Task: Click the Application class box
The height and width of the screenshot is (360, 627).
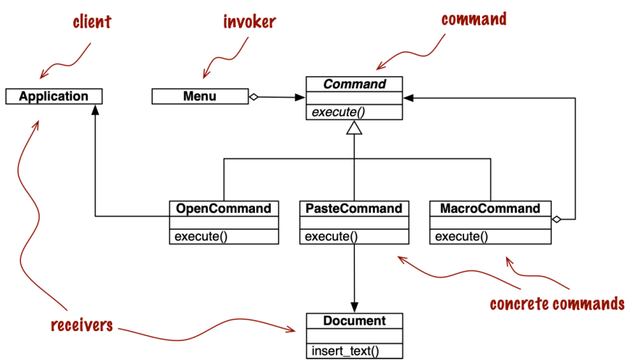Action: [x=54, y=96]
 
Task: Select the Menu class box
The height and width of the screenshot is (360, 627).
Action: [x=200, y=96]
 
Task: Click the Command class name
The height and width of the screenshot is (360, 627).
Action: [x=355, y=84]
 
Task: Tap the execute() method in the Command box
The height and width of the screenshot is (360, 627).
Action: [x=338, y=112]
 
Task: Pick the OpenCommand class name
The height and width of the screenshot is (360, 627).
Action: [x=224, y=209]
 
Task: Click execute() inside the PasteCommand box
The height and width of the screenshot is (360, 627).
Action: [x=331, y=236]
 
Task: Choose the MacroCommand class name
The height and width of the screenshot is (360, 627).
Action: [x=490, y=209]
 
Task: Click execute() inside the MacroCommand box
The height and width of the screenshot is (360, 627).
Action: [x=461, y=236]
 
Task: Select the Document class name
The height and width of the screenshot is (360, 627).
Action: [x=355, y=321]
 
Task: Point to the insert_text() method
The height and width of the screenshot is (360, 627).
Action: [x=345, y=351]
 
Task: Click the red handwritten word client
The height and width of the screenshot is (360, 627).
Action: [x=92, y=22]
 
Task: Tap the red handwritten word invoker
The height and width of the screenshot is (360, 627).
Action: [x=250, y=22]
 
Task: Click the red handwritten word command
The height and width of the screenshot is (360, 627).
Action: [x=474, y=20]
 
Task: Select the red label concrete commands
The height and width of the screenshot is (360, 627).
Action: [x=557, y=304]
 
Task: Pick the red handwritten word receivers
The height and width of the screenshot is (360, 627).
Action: [x=82, y=325]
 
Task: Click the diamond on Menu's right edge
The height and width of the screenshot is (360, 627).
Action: [x=253, y=97]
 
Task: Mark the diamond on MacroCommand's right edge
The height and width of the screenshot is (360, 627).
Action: [x=556, y=219]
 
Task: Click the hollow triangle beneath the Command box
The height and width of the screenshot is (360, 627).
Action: [x=354, y=127]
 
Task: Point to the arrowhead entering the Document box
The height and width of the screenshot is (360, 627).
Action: [x=354, y=307]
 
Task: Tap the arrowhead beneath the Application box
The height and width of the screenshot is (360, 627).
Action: [x=95, y=110]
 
